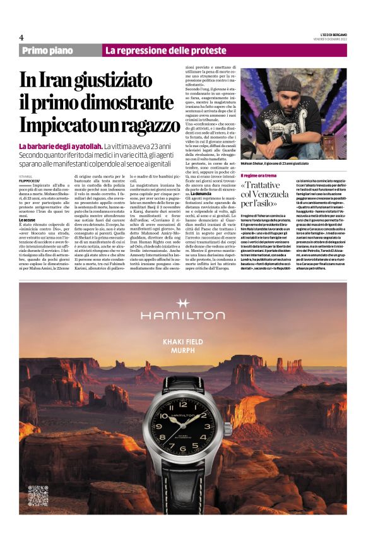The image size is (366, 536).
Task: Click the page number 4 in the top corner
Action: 21,37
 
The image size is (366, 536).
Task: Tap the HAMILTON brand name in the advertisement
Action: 183,321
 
